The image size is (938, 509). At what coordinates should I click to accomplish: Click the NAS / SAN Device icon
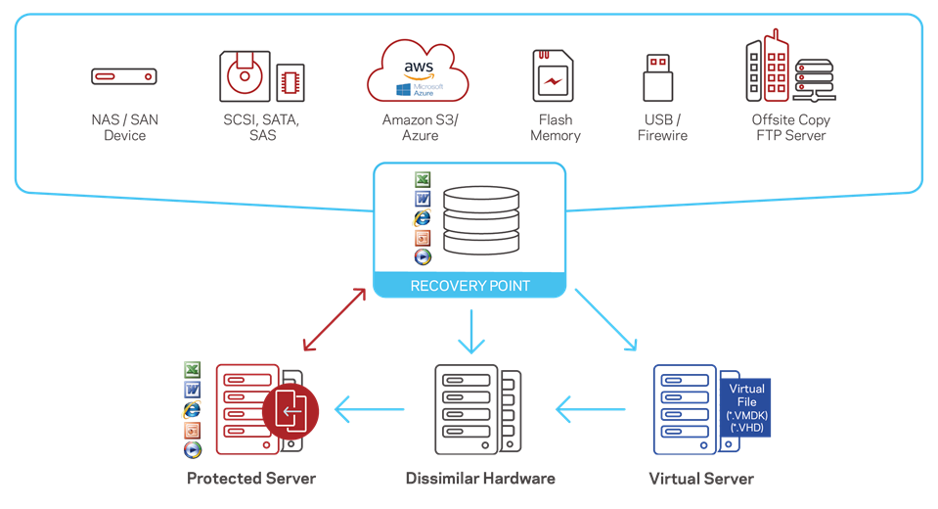[x=124, y=76]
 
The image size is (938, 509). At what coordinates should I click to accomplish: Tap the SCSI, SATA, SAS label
[x=262, y=127]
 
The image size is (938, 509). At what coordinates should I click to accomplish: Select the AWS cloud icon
[x=420, y=70]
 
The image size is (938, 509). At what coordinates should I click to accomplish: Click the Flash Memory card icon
[x=554, y=76]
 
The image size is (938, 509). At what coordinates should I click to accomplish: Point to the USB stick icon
[x=657, y=77]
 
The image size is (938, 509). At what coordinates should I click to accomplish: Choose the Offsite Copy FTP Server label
[x=791, y=127]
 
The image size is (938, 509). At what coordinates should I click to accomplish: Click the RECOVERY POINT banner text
[x=469, y=286]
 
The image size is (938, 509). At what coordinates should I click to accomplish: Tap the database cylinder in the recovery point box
[x=480, y=222]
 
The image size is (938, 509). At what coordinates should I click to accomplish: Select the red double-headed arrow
[x=335, y=319]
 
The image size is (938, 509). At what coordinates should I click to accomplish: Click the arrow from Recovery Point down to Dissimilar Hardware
[x=471, y=331]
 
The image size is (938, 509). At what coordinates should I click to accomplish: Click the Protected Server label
[x=251, y=479]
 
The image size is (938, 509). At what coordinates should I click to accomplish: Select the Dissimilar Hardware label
[x=480, y=479]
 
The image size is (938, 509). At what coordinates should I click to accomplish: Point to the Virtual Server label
[x=701, y=479]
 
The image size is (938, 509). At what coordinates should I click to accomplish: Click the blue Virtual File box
[x=746, y=407]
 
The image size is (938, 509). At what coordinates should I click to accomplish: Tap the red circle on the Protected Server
[x=290, y=413]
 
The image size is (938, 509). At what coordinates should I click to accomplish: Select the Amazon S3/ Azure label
[x=420, y=127]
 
